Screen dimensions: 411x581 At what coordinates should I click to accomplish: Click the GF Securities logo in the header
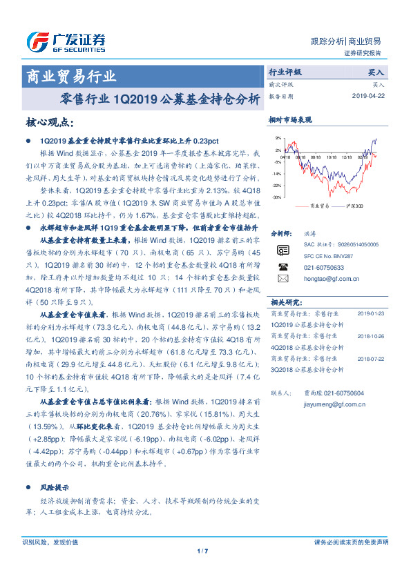tap(65, 42)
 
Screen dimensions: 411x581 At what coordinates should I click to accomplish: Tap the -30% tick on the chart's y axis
tap(276, 197)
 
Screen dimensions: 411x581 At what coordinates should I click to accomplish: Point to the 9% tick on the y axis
tap(278, 139)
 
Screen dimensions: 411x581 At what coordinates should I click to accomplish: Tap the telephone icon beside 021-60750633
tap(282, 266)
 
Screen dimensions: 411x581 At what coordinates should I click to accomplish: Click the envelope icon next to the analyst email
tap(282, 278)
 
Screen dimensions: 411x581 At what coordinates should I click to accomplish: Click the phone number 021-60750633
tap(325, 266)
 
